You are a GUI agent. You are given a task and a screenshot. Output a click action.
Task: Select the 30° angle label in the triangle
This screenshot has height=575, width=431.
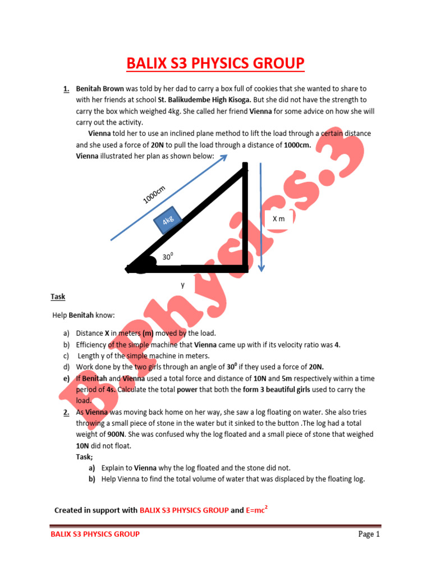[168, 257]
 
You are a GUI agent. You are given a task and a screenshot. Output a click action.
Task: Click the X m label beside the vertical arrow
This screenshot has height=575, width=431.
[279, 219]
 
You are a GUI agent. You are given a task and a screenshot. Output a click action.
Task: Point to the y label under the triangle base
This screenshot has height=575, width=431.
[182, 285]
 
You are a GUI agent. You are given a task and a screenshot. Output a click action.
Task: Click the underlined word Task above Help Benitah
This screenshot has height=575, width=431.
[58, 296]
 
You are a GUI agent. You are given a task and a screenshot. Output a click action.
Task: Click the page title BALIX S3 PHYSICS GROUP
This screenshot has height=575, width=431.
[215, 63]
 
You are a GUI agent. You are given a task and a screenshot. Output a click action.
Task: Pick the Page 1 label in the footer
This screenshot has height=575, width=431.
[369, 534]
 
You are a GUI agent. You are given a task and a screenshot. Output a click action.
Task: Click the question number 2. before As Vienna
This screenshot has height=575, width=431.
[66, 412]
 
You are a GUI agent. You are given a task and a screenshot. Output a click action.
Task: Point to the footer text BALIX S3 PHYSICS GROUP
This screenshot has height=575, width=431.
[95, 534]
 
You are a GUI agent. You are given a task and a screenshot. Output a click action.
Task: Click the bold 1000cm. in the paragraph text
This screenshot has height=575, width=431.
[297, 145]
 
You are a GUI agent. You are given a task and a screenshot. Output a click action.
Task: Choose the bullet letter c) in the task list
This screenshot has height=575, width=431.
[66, 355]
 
